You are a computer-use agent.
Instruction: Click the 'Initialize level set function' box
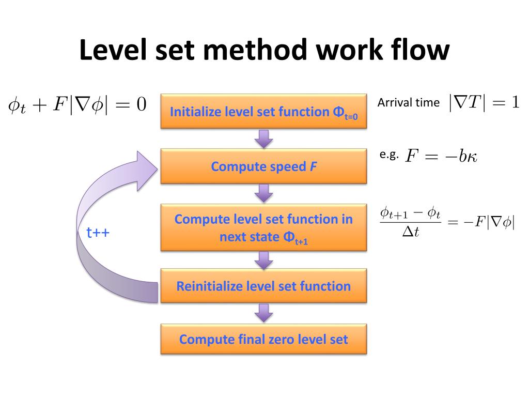point(263,111)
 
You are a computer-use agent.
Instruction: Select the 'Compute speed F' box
point(263,166)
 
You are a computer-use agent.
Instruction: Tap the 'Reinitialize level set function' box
point(263,286)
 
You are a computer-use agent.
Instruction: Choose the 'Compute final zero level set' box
point(263,339)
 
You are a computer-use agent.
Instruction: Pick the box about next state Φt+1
point(263,227)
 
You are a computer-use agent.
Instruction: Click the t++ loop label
point(98,233)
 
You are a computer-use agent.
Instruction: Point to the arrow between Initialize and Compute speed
point(264,138)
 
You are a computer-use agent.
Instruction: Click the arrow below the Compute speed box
point(264,193)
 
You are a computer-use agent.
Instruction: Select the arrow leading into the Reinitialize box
point(264,260)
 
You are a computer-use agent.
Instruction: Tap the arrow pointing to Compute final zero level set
point(264,313)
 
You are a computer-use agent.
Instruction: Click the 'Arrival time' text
point(408,102)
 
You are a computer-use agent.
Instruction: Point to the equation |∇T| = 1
point(484,103)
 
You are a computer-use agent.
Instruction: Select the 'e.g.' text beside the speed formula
point(389,155)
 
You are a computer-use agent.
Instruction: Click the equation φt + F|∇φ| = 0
point(77,105)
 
